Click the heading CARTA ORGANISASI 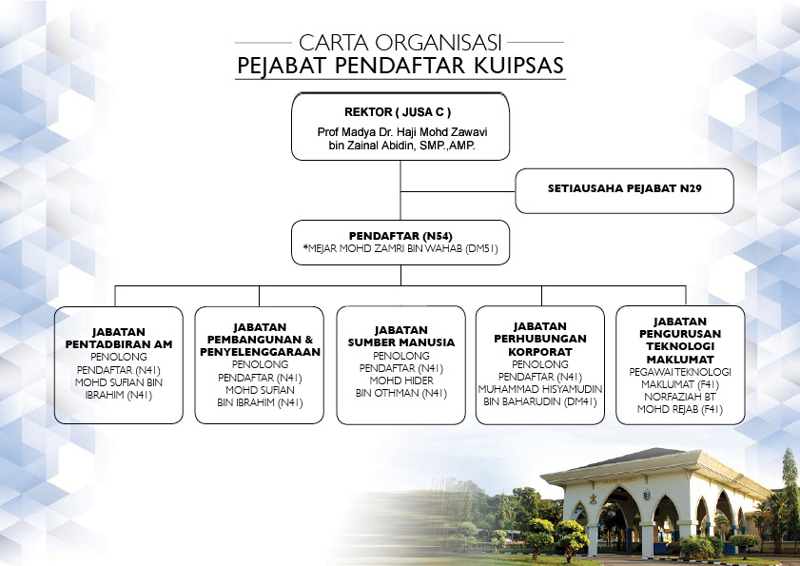click(x=400, y=43)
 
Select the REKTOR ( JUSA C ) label click(x=398, y=112)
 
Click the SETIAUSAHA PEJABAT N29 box click(x=624, y=191)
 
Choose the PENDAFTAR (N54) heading click(x=400, y=236)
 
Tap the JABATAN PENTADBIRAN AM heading click(x=119, y=338)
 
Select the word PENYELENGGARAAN click(x=261, y=352)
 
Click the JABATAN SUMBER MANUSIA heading click(x=401, y=336)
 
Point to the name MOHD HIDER click(x=401, y=381)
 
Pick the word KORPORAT click(x=539, y=352)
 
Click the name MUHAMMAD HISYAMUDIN click(x=539, y=389)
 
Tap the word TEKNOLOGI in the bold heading click(x=680, y=346)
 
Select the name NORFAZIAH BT click(x=680, y=397)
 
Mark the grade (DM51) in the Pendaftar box click(x=481, y=249)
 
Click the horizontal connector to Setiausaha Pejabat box click(x=459, y=192)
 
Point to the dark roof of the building click(x=644, y=458)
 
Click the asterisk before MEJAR click(x=305, y=247)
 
